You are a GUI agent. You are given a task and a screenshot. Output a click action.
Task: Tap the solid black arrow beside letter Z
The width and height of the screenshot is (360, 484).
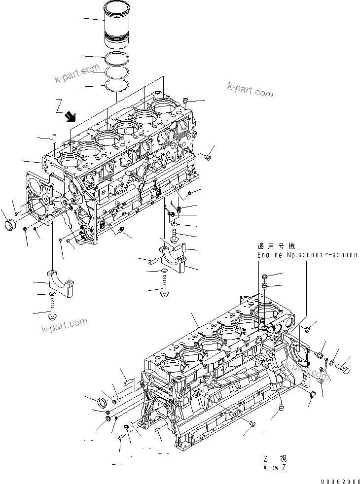pos(70,116)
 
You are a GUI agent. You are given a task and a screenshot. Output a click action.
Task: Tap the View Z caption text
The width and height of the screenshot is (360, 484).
pos(274,466)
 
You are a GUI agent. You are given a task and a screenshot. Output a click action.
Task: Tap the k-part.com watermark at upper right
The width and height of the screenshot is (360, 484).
pos(250,89)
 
